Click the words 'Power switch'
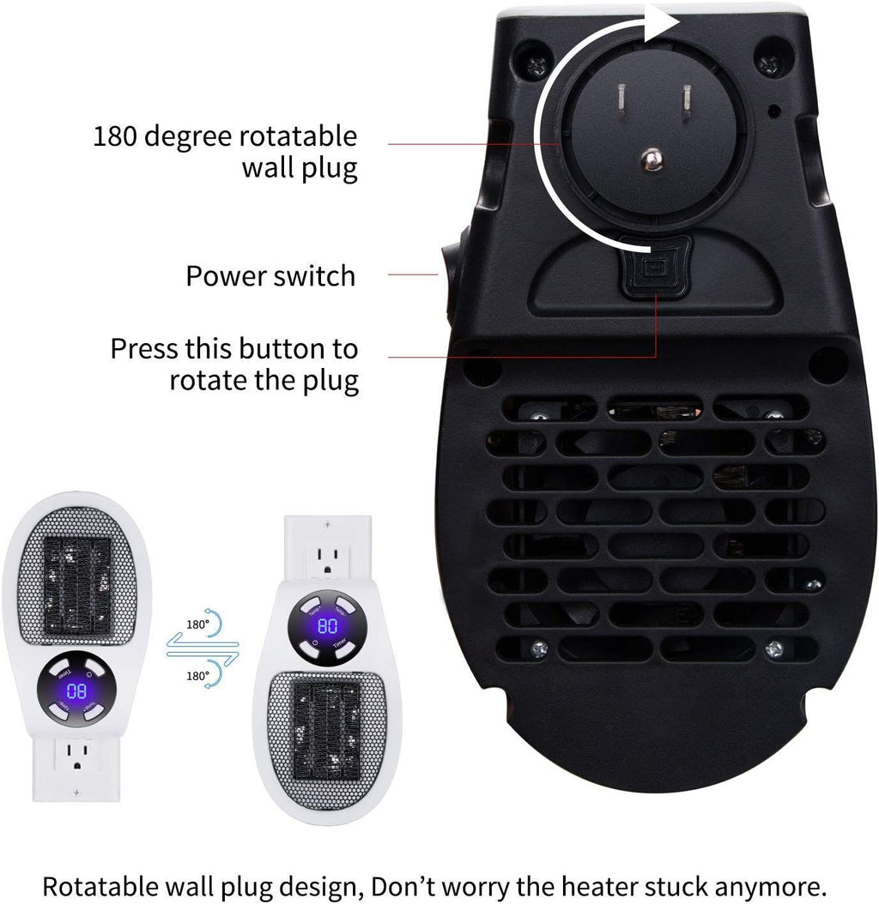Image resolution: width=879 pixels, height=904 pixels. [x=270, y=276]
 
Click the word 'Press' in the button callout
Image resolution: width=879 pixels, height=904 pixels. [x=144, y=349]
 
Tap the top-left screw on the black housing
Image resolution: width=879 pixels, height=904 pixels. [x=536, y=62]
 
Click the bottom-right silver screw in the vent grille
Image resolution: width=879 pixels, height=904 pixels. [x=773, y=650]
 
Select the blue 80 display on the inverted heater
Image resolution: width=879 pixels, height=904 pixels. [x=77, y=688]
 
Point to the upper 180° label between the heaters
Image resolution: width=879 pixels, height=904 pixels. [x=197, y=624]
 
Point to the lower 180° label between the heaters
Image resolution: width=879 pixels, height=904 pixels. [x=197, y=676]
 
